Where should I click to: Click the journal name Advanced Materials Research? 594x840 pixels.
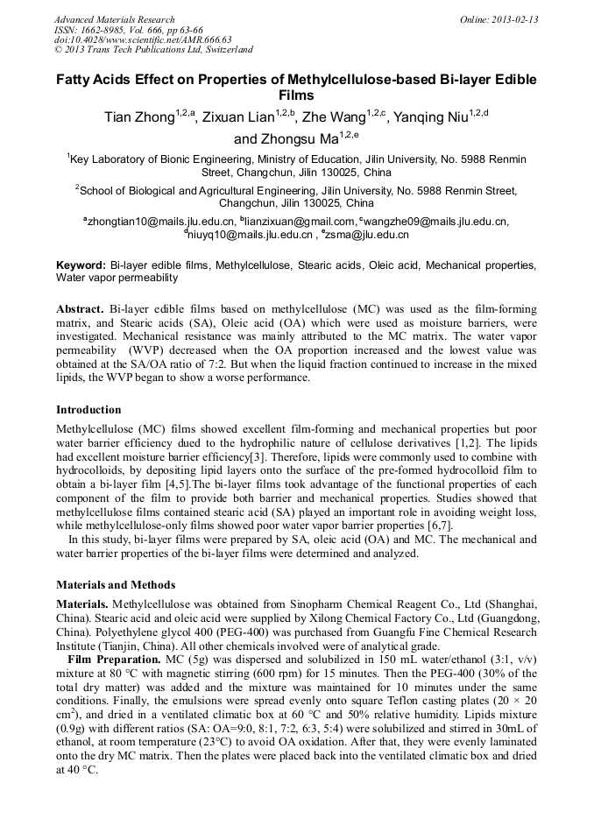tap(114, 19)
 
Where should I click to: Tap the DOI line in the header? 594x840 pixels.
tap(144, 39)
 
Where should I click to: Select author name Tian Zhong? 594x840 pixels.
tap(138, 118)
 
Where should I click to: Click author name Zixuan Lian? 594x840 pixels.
tap(239, 118)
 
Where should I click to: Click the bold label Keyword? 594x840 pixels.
tap(81, 265)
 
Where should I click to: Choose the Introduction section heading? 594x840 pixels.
tap(88, 410)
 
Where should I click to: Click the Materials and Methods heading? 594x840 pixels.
tap(116, 584)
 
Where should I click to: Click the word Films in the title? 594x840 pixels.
tap(296, 95)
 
